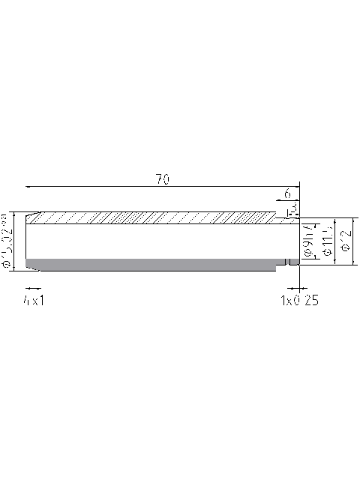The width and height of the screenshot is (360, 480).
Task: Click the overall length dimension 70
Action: [x=161, y=178]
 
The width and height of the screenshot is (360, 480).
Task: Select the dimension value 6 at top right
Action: [x=287, y=193]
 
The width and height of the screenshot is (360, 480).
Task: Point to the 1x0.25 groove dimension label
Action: [x=300, y=300]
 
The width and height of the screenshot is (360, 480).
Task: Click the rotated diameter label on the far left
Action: [x=7, y=241]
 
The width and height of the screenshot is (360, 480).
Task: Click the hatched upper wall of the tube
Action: [x=150, y=217]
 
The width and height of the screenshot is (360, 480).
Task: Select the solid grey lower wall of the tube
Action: [x=150, y=264]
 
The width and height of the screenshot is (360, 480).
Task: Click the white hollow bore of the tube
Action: [x=150, y=240]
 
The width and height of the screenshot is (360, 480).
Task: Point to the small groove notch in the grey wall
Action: [x=288, y=262]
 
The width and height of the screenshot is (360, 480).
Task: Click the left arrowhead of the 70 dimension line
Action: [x=28, y=185]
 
